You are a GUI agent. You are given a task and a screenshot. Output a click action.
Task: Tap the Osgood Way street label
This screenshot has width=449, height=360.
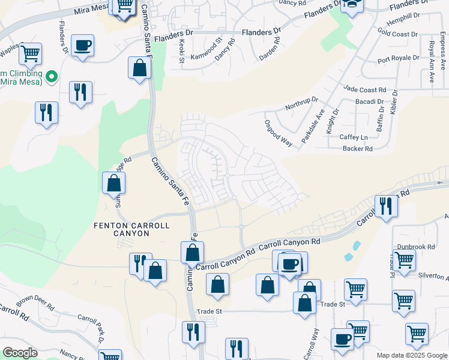point(278,133)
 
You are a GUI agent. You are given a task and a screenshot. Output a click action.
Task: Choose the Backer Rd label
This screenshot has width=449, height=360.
point(358,148)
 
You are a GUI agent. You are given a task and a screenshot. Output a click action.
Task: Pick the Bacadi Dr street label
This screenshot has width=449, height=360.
point(369,102)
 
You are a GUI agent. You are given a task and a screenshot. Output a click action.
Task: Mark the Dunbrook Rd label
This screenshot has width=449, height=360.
point(415,247)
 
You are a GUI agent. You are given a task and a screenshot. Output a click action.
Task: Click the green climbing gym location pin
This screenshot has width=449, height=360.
point(52,76)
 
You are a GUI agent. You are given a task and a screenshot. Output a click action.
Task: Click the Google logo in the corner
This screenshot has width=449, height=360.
point(20,353)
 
